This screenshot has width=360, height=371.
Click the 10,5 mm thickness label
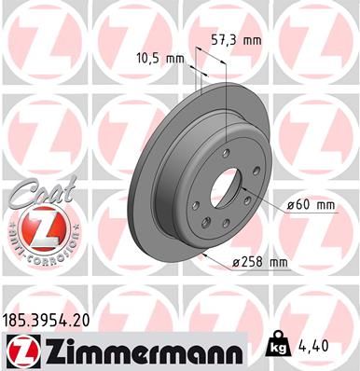point(158,58)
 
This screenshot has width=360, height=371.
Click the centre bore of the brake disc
point(224,191)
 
